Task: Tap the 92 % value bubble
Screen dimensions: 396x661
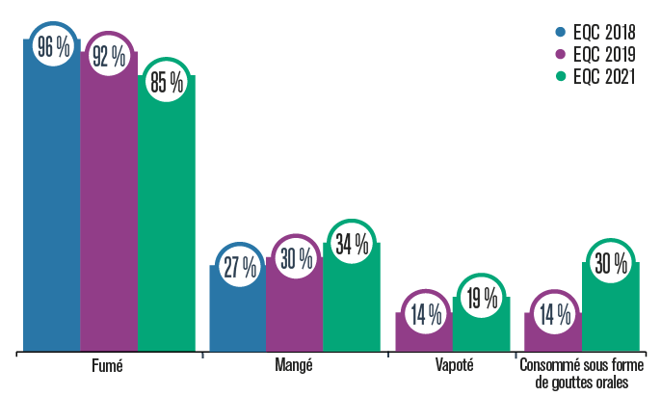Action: (109, 57)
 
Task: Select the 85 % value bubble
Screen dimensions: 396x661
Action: (166, 82)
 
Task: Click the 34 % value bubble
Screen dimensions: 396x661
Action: (351, 245)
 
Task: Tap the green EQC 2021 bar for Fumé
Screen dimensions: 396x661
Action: (166, 222)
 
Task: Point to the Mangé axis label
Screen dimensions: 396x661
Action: (294, 367)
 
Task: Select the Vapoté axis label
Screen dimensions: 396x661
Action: (452, 367)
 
